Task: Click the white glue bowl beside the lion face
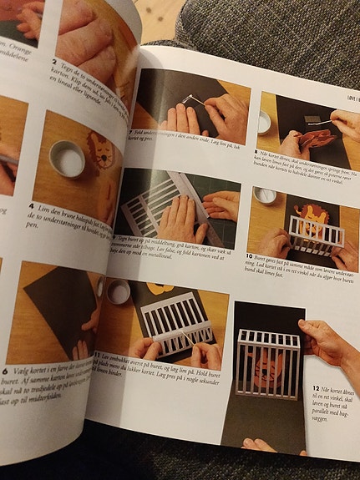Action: [67, 158]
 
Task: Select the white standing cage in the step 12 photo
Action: [267, 364]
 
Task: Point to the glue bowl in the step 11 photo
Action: [119, 291]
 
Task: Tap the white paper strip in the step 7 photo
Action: [193, 101]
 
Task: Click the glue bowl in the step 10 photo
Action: [265, 196]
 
